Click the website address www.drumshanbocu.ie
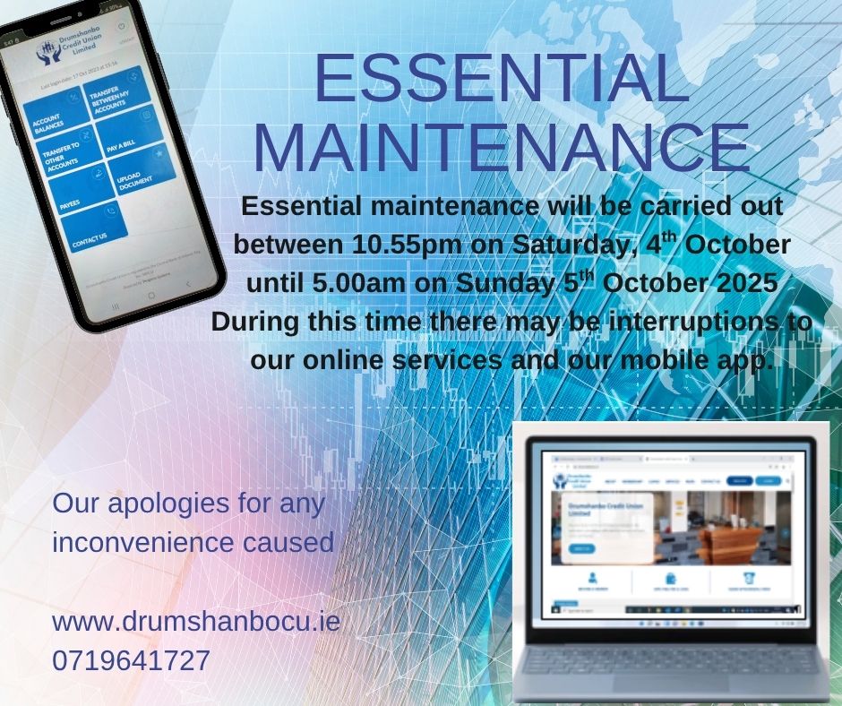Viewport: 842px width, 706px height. click(196, 621)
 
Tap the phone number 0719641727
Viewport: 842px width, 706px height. click(132, 661)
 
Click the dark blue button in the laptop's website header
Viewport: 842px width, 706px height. click(740, 480)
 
